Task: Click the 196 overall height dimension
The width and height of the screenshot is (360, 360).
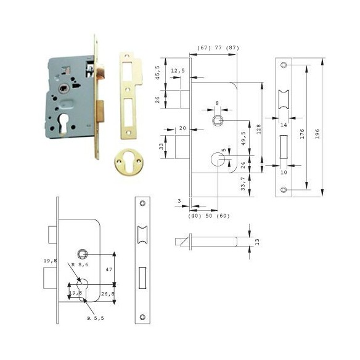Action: (317, 134)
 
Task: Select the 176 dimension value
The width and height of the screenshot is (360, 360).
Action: (302, 134)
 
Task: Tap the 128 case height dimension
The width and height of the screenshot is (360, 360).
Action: (259, 129)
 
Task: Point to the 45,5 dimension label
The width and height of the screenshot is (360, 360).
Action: (158, 73)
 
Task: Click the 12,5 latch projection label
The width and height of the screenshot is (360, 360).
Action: (178, 71)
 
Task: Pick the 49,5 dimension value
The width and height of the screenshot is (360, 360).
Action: (243, 138)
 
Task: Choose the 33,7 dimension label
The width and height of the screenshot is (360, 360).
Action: (243, 183)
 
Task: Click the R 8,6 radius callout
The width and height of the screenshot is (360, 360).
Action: (80, 264)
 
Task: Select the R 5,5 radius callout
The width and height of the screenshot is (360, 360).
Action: (96, 318)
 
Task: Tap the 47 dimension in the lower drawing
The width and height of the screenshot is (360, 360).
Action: (109, 269)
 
